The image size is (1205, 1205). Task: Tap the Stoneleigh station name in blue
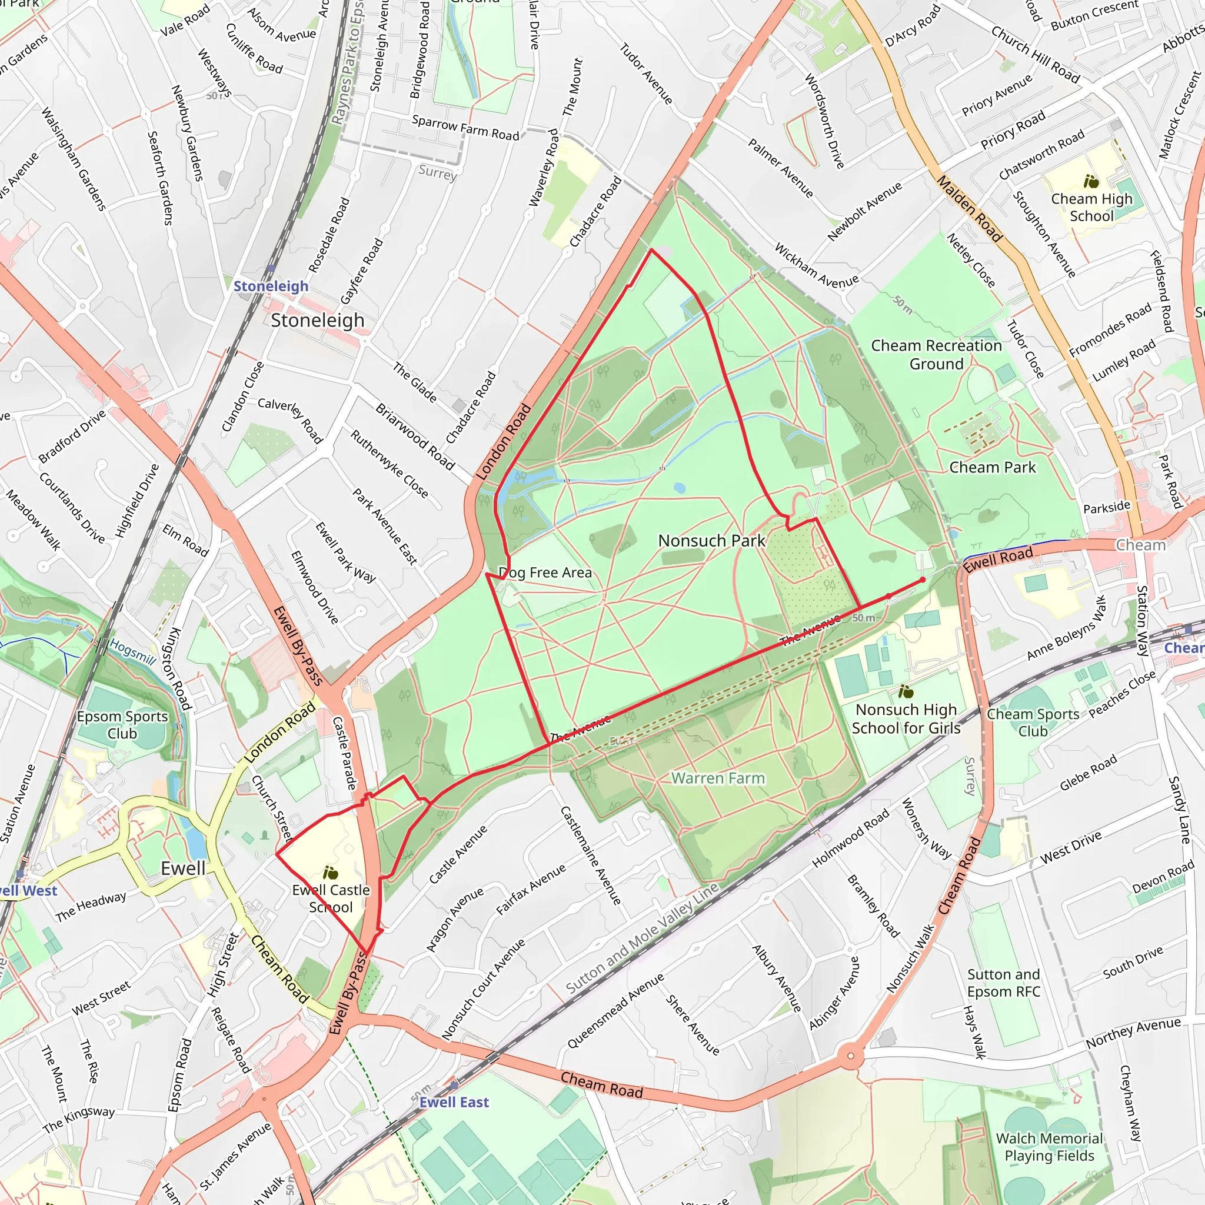tap(271, 287)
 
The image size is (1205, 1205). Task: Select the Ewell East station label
tap(454, 1102)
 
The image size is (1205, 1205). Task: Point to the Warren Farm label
tap(718, 778)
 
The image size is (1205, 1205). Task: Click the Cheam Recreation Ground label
tap(936, 354)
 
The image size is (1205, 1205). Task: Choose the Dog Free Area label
tap(545, 572)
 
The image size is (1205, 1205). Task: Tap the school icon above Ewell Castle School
tap(331, 873)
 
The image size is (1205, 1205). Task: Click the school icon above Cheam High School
tap(1091, 181)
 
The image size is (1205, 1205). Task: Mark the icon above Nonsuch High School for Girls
tap(906, 692)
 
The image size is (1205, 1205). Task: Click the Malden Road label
tap(970, 209)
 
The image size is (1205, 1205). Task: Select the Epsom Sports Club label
tap(122, 725)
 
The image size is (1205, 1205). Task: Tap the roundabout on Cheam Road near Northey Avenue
tap(851, 1057)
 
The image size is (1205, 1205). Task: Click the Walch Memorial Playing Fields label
tap(1049, 1147)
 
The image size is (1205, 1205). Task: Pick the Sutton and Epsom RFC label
tap(1004, 983)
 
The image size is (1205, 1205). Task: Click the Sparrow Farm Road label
tap(465, 128)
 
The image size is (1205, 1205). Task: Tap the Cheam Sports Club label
tap(1033, 723)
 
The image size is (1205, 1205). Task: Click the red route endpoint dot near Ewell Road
tap(923, 580)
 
